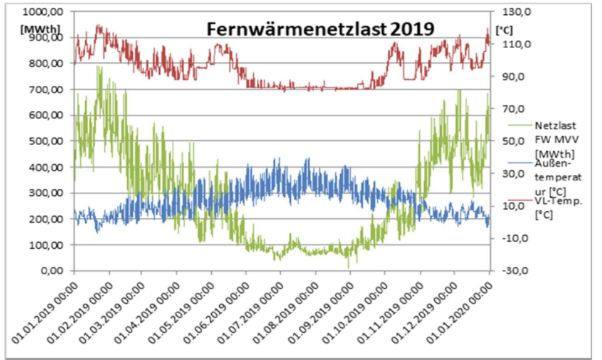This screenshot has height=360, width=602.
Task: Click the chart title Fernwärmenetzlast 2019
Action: click(320, 29)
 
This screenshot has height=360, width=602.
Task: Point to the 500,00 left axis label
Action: click(49, 141)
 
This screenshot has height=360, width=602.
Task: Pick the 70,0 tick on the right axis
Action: click(511, 109)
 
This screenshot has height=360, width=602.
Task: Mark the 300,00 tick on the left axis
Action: click(49, 193)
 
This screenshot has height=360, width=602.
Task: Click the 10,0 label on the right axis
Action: click(511, 206)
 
